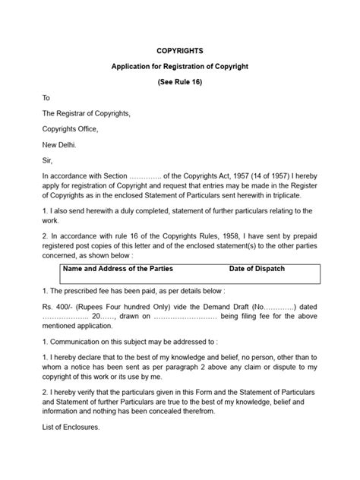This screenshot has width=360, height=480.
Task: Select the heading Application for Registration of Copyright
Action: [x=179, y=67]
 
